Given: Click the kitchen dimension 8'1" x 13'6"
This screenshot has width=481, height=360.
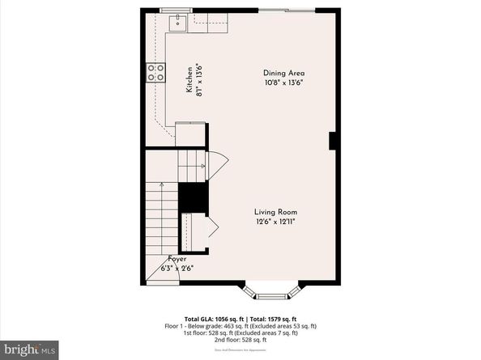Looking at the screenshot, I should (x=198, y=79).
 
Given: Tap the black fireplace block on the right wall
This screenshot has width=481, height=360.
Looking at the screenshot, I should (x=332, y=141).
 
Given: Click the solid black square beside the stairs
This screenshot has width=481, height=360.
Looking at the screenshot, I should (x=193, y=197).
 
